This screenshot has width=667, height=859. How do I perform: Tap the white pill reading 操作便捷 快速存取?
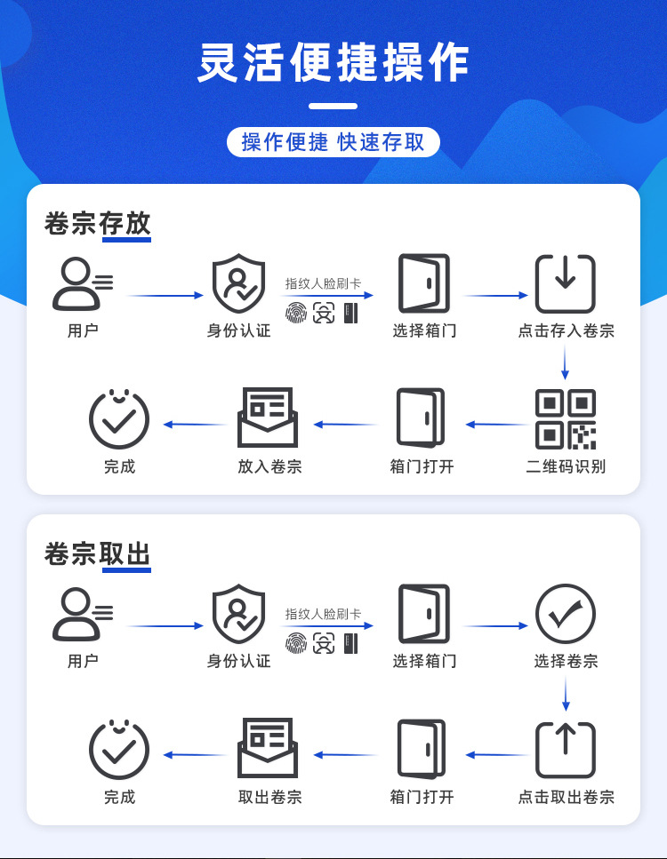pyautogui.click(x=333, y=142)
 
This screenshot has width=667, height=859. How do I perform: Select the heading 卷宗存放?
pyautogui.click(x=98, y=224)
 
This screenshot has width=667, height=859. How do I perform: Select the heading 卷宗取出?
pyautogui.click(x=98, y=554)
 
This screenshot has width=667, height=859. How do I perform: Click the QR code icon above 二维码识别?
pyautogui.click(x=566, y=419)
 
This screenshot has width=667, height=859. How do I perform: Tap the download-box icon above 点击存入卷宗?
pyautogui.click(x=566, y=284)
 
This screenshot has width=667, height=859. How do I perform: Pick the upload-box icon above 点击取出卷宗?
pyautogui.click(x=566, y=750)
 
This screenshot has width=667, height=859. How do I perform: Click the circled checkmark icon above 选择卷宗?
pyautogui.click(x=566, y=614)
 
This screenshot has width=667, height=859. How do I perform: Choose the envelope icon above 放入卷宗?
pyautogui.click(x=268, y=418)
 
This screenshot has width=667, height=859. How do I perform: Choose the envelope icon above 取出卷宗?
pyautogui.click(x=268, y=748)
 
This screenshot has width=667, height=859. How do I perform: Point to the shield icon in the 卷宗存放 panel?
pyautogui.click(x=238, y=284)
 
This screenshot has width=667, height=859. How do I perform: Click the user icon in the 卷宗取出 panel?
pyautogui.click(x=82, y=615)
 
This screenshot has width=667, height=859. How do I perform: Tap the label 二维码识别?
pyautogui.click(x=566, y=466)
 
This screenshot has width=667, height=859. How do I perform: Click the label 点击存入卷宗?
pyautogui.click(x=566, y=331)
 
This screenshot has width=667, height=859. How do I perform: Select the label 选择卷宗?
pyautogui.click(x=566, y=662)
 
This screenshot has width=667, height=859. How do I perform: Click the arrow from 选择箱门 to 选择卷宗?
pyautogui.click(x=495, y=626)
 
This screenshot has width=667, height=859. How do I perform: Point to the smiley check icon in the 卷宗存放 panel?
pyautogui.click(x=119, y=418)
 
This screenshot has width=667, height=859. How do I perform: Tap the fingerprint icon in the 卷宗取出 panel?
pyautogui.click(x=295, y=643)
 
